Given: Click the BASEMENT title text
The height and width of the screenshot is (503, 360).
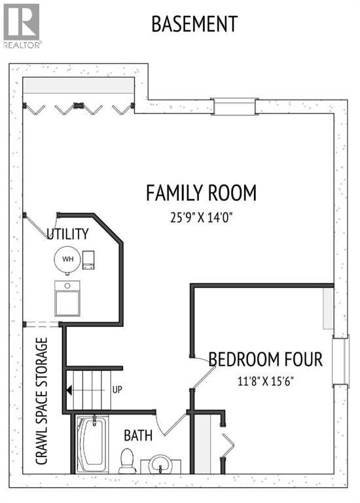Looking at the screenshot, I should click(x=194, y=24).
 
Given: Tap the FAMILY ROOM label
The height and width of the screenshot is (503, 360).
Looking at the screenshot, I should click(x=201, y=193).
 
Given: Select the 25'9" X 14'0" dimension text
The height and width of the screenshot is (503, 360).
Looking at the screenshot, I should click(x=201, y=217).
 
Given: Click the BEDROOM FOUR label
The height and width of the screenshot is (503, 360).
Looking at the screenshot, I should click(x=266, y=360).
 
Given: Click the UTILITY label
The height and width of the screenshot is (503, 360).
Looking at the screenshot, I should click(x=67, y=234).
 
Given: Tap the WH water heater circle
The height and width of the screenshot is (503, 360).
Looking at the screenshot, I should click(x=67, y=259).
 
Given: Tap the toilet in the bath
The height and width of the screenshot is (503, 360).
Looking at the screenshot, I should click(x=128, y=460).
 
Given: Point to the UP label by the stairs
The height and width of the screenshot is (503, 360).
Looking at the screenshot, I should click(x=118, y=390).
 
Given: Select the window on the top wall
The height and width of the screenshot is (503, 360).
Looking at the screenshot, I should click(x=234, y=105).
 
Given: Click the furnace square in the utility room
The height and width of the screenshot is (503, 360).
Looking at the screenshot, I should click(x=67, y=299).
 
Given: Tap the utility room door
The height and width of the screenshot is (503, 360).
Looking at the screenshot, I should click(x=36, y=227).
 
